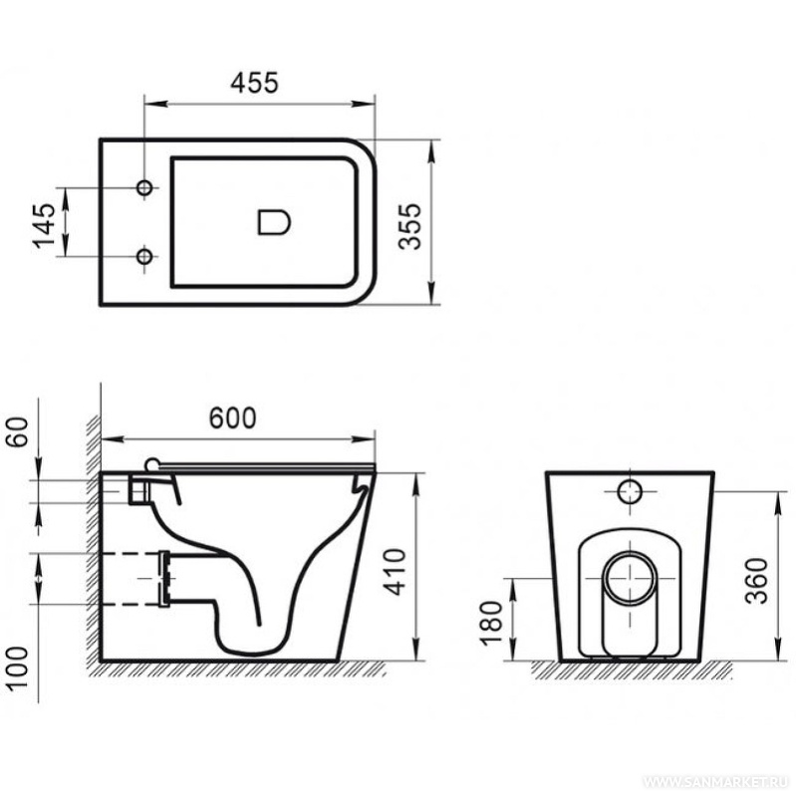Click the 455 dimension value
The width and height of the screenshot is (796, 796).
point(254,83)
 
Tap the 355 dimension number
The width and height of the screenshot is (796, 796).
point(410,226)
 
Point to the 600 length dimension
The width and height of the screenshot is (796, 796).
point(232,417)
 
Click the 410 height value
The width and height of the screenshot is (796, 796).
point(396,572)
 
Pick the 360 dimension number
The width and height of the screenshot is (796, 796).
point(757,581)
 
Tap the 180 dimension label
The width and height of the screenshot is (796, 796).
point(491,623)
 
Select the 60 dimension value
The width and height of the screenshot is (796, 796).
point(17,432)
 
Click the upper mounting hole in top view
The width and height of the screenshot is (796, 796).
point(144,188)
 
